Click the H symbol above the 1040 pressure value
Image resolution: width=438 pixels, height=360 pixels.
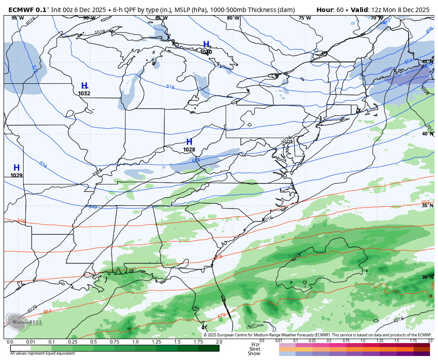tap(206, 44)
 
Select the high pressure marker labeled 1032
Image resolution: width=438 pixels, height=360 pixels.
tap(84, 86)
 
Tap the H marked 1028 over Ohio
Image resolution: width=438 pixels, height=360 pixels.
tap(189, 142)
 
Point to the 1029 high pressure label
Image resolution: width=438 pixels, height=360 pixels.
tap(16, 175)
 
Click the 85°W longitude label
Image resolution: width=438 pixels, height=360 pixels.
tap(161, 18)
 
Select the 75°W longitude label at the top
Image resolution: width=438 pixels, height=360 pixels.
tap(304, 18)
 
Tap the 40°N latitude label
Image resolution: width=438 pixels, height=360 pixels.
tap(427, 134)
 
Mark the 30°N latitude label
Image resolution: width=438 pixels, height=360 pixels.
tap(427, 277)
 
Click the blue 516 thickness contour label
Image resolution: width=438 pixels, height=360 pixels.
tap(170, 87)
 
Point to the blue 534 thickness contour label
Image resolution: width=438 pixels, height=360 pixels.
tap(43, 165)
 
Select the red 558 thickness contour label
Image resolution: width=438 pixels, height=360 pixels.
tap(218, 257)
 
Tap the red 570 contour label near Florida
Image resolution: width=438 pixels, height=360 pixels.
tap(221, 316)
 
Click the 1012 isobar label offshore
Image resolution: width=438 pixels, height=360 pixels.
tap(296, 258)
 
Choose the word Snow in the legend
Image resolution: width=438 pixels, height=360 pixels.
tap(254, 353)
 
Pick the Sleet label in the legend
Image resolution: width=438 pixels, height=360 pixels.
tap(254, 349)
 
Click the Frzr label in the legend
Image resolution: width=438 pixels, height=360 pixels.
tap(255, 344)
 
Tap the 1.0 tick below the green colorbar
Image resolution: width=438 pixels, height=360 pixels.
tap(135, 342)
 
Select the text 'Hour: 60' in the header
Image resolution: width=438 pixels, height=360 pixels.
tap(329, 10)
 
